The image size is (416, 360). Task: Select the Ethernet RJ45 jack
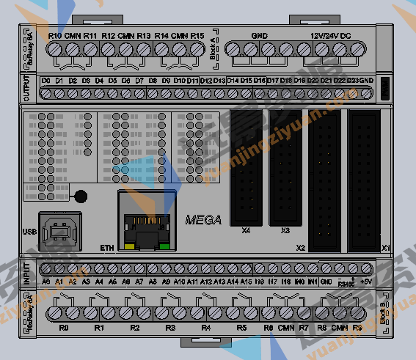click(147, 224)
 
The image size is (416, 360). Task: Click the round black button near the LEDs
click(81, 196)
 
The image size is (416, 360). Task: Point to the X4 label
click(246, 230)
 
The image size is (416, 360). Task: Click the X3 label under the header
click(285, 230)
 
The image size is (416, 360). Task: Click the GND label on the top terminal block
click(259, 34)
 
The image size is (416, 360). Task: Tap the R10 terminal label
click(55, 35)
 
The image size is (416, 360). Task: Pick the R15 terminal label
click(197, 35)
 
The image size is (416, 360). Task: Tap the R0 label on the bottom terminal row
click(64, 328)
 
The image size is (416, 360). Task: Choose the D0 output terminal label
click(45, 79)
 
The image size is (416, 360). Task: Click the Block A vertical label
click(213, 47)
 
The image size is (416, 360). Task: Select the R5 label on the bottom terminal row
click(241, 328)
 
